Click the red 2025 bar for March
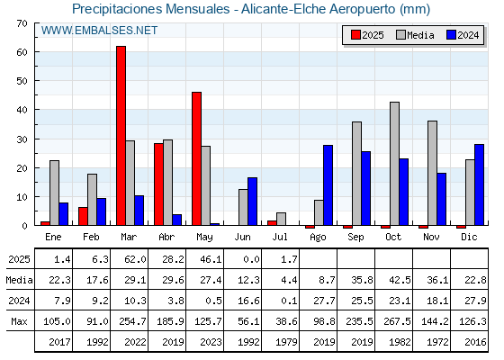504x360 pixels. pos(121,136)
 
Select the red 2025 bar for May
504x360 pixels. pos(196,158)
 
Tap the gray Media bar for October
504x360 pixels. pos(394,164)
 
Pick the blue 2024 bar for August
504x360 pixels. pos(328,185)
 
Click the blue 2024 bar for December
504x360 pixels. pos(479,184)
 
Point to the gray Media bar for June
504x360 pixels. pos(243,207)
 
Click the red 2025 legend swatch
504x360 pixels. pos(355,35)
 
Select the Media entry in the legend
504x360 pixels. pos(415,35)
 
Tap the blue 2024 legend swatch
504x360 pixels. pos(451,35)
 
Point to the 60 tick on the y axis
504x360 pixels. pos(22,52)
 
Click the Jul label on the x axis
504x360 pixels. pos(280,237)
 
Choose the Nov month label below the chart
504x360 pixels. pos(431,237)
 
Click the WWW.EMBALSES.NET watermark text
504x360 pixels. pos(99,31)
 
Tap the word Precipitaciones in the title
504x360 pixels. pos(118,9)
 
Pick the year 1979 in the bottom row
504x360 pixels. pos(286,342)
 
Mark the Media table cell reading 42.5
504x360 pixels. pos(400,280)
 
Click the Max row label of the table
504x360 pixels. pos(19,321)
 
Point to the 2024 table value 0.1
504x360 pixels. pos(289,301)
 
